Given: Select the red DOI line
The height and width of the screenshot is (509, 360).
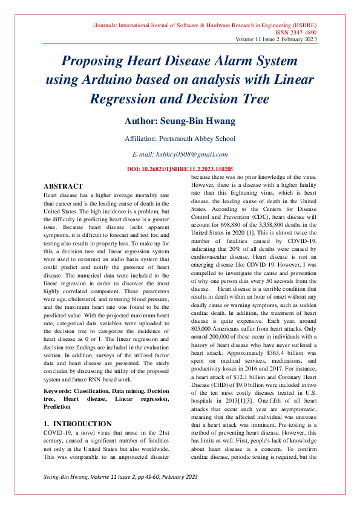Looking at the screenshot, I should (180, 169).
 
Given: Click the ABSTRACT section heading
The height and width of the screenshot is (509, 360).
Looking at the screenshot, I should (64, 186).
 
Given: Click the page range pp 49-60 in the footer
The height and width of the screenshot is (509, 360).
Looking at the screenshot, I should (138, 494).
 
